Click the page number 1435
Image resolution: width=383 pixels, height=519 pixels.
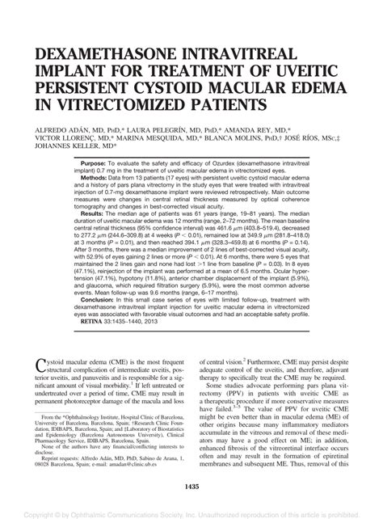191,486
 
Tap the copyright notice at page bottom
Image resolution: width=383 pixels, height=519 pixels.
191,513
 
